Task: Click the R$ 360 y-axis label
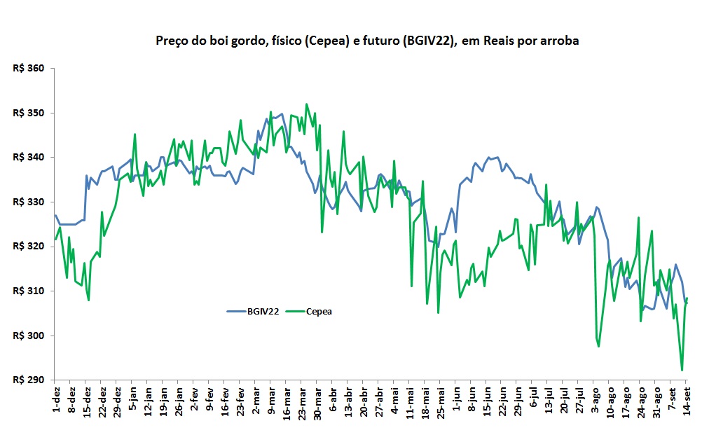tap(28, 69)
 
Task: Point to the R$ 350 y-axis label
tap(28, 113)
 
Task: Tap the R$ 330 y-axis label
tap(28, 202)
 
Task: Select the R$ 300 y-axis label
tap(28, 336)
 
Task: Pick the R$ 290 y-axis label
tap(28, 380)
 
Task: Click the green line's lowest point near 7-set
tap(682, 371)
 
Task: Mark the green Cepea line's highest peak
tap(307, 104)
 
